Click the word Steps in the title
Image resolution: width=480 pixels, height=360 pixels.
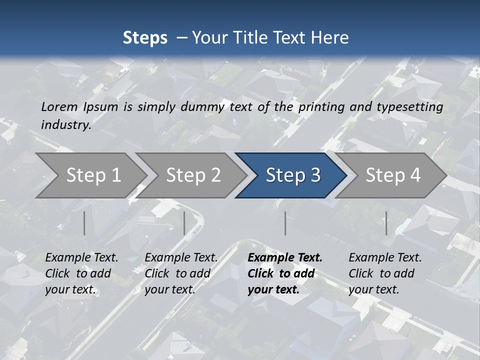coord(145,37)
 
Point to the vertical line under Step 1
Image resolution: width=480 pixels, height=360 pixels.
coord(84,223)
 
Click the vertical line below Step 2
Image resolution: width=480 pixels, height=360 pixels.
coord(184,223)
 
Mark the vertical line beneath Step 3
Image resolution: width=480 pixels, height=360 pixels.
coord(285,223)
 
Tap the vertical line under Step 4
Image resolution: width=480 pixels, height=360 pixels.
coord(386,223)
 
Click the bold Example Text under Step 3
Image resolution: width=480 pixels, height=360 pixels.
coord(285,258)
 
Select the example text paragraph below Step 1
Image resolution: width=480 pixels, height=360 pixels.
coord(81,273)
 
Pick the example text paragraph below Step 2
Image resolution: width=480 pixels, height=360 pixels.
coord(181,273)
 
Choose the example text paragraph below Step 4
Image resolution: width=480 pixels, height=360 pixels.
coord(385,273)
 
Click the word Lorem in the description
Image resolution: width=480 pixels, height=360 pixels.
coord(59,106)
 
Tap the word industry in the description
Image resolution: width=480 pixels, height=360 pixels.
coord(66,125)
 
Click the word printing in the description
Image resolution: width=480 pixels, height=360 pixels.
coord(320,106)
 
